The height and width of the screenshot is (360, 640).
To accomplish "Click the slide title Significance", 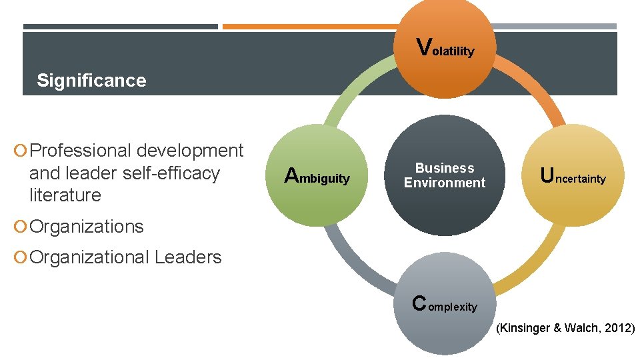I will pyautogui.click(x=91, y=81).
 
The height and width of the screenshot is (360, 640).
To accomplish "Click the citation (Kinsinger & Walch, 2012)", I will pyautogui.click(x=565, y=327).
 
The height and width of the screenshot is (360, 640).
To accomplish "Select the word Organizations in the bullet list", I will pyautogui.click(x=87, y=227).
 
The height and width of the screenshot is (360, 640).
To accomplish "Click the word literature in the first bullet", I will pyautogui.click(x=65, y=195).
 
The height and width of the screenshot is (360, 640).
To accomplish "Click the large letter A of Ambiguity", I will pyautogui.click(x=291, y=176).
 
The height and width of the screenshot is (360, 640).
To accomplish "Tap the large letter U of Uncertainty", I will pyautogui.click(x=547, y=176).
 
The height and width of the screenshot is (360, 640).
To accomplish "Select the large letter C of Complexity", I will pyautogui.click(x=419, y=303).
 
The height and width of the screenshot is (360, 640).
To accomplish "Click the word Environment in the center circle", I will pyautogui.click(x=445, y=183).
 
